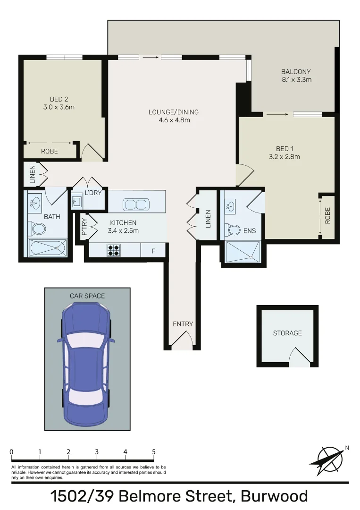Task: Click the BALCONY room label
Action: click(296, 72)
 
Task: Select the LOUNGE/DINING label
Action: click(173, 112)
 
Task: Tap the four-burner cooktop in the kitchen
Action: click(114, 250)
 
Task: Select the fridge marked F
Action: click(153, 251)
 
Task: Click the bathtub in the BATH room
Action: click(47, 248)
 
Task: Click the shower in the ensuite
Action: click(243, 251)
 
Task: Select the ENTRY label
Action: click(183, 324)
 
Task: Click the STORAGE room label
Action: click(287, 333)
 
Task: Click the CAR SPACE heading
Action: click(87, 296)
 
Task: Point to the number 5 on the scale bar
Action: click(154, 452)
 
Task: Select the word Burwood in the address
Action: click(274, 497)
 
